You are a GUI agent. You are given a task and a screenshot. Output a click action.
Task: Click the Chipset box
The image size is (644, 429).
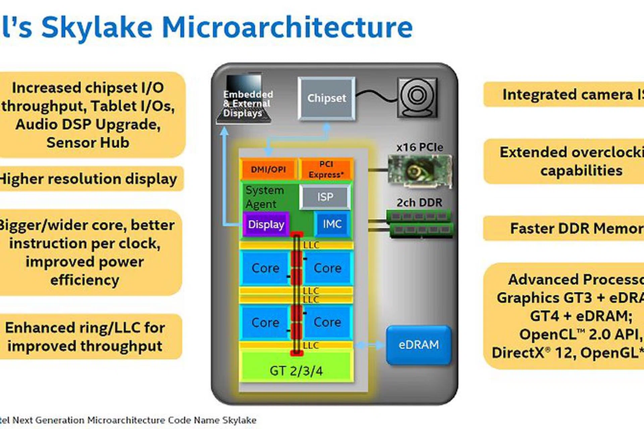(326, 98)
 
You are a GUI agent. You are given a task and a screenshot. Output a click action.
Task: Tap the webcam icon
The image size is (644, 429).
(417, 98)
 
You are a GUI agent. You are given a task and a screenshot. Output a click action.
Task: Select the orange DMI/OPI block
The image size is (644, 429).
(268, 169)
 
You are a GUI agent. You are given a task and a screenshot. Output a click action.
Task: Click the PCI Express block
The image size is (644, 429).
(326, 169)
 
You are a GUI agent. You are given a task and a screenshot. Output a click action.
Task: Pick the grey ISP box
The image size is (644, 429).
(325, 197)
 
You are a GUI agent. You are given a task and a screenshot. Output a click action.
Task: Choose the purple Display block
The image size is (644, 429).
(266, 224)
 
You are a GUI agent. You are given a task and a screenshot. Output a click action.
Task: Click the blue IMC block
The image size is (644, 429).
(332, 224)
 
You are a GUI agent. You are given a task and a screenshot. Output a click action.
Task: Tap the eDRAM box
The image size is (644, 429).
(419, 345)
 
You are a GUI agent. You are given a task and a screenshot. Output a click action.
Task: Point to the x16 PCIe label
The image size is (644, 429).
(419, 147)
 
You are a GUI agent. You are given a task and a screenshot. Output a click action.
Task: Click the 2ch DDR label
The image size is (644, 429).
(419, 202)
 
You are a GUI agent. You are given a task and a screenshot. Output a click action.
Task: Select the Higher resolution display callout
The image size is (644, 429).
(88, 179)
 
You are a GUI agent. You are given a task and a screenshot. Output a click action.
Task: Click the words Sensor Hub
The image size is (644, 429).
(88, 142)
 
